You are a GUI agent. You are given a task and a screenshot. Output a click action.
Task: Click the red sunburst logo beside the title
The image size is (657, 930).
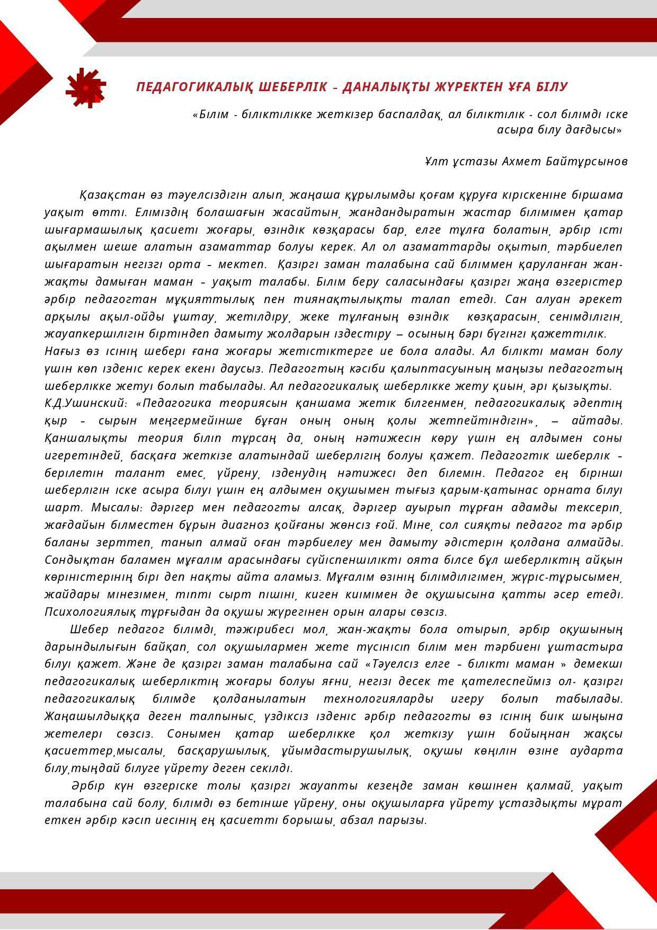click(86, 87)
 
